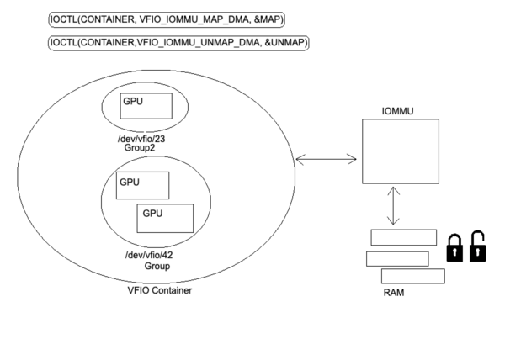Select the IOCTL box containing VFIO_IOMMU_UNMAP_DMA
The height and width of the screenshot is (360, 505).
point(178,43)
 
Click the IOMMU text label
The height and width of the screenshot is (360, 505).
point(399,109)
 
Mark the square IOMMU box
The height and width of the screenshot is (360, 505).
point(400,151)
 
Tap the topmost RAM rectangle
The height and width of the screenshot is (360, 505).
point(403,237)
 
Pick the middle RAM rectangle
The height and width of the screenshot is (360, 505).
point(397,257)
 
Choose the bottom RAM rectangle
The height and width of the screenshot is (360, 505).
point(412,276)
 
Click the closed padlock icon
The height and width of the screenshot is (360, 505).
point(455,249)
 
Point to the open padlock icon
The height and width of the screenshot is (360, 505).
point(478,246)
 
